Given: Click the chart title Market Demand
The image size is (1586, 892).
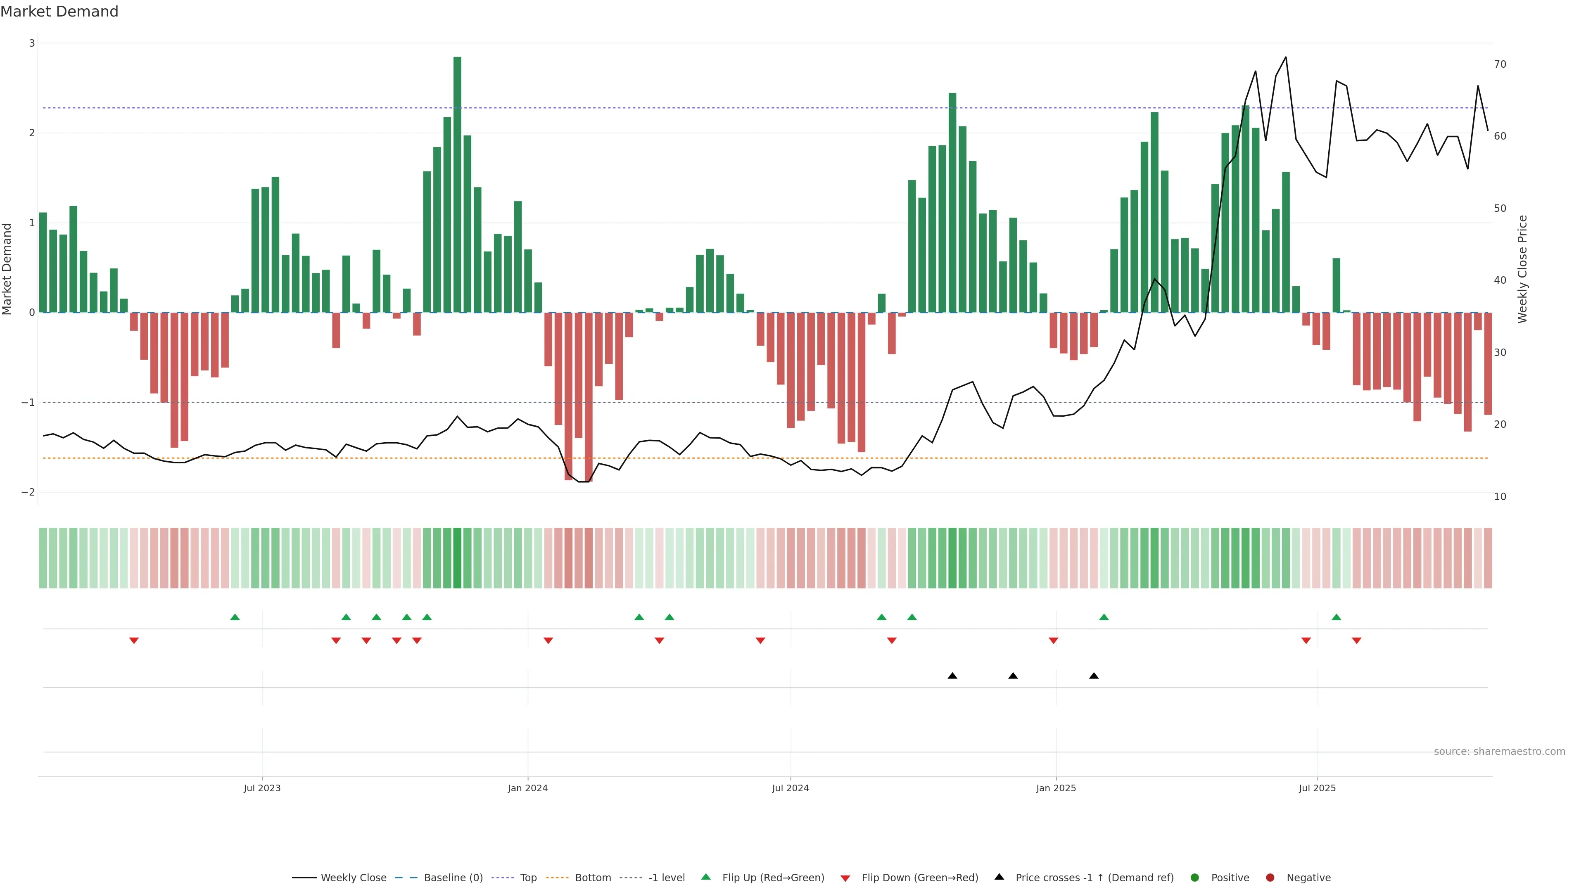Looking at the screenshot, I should [59, 12].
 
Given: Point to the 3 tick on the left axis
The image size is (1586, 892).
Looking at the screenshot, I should [32, 43].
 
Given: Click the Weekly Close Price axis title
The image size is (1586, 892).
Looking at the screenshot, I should [1522, 269].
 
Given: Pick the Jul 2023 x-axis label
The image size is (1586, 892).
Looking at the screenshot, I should [262, 788].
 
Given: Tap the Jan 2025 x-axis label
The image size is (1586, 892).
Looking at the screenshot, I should [1056, 788].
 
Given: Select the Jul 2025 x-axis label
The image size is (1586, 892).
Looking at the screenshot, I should [1317, 788].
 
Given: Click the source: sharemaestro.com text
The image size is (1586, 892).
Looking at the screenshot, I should [1499, 752].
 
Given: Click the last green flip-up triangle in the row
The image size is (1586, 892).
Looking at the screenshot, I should [1336, 617].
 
